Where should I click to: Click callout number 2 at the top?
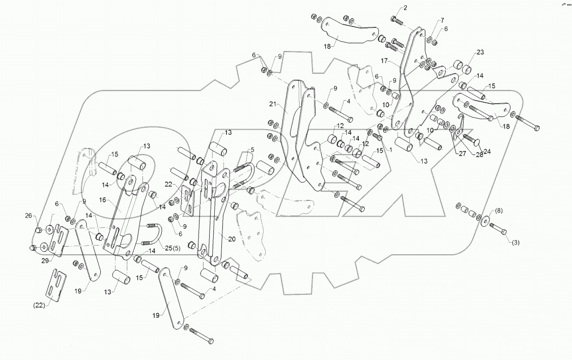click(x=405, y=8)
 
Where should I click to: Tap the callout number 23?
click(x=480, y=52)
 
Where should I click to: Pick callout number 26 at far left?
click(x=29, y=215)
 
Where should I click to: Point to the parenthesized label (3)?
click(x=515, y=244)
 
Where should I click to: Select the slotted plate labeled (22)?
click(x=57, y=286)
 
